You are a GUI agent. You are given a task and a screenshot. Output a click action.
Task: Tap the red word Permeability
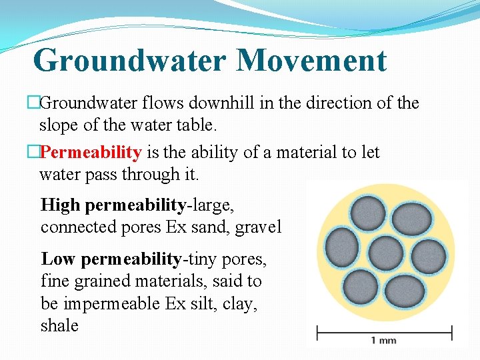(x=91, y=153)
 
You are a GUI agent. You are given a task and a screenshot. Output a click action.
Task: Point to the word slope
(x=59, y=125)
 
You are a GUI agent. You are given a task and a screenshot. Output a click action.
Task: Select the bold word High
(x=61, y=205)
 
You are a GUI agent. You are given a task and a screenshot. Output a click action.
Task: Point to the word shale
(x=59, y=326)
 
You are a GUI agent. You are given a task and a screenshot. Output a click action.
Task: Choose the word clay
(x=239, y=303)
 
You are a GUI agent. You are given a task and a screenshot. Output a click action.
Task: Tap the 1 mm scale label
(x=383, y=341)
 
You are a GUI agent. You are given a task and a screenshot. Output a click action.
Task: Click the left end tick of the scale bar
(x=317, y=331)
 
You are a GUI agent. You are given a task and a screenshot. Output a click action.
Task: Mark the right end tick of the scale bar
(x=452, y=331)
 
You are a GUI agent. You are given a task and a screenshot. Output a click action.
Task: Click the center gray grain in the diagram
(x=385, y=253)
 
